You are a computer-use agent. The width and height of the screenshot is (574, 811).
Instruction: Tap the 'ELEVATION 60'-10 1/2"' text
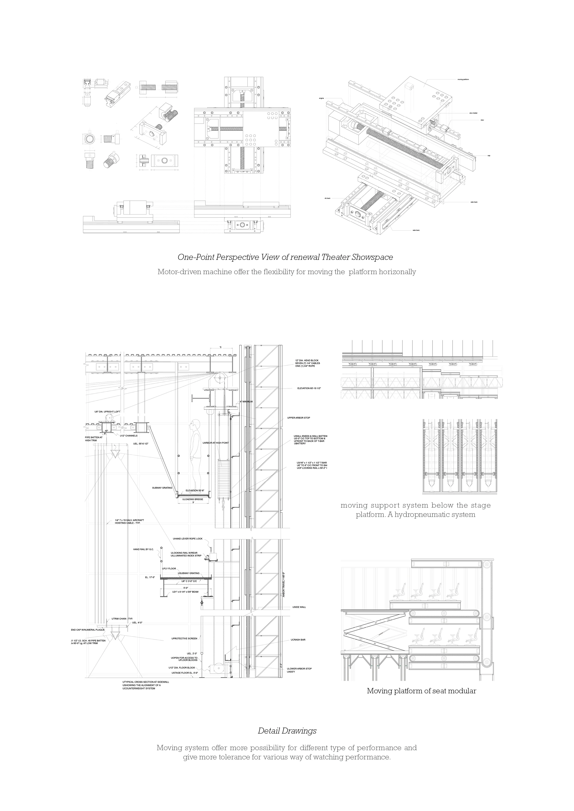click(309, 388)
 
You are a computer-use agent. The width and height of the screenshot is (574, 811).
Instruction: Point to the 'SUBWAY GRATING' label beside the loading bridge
click(162, 488)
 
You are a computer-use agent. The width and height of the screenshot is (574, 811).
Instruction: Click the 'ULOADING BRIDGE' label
click(193, 499)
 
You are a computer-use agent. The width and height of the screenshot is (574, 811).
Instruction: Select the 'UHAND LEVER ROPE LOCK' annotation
click(188, 539)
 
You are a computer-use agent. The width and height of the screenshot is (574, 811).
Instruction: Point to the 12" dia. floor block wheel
click(214, 669)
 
